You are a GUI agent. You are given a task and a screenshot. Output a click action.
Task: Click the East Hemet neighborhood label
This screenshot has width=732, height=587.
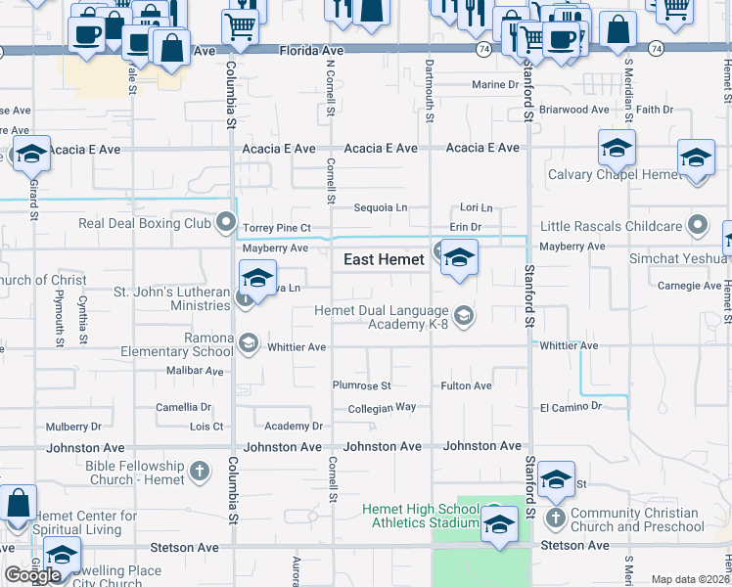[384, 260]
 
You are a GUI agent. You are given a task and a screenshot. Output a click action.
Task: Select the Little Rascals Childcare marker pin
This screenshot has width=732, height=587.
[698, 227]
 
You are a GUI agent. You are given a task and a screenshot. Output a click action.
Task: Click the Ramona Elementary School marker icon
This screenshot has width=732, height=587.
[248, 342]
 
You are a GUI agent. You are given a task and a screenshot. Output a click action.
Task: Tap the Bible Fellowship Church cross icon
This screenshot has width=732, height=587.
[199, 473]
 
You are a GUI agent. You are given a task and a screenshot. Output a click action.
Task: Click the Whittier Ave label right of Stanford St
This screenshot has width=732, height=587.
[569, 346]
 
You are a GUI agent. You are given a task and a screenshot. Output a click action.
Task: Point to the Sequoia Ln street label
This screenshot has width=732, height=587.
[381, 207]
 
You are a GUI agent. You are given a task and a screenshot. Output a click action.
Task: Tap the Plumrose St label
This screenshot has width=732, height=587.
[361, 385]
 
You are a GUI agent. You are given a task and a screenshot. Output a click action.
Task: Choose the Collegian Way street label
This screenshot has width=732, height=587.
[383, 407]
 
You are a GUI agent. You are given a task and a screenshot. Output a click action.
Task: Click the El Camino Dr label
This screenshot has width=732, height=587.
[570, 406]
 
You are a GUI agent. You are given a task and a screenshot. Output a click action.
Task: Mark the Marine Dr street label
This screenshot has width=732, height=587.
[495, 85]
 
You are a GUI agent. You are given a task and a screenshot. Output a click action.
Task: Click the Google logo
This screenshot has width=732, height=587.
[33, 574]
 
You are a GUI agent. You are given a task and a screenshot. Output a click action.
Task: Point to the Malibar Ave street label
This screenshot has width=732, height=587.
[195, 371]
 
